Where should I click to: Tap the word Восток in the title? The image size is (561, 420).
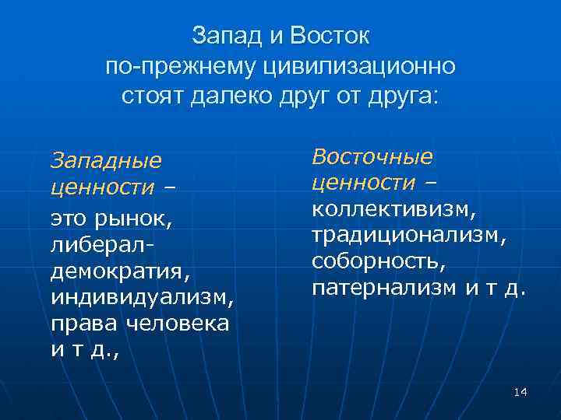coord(330,36)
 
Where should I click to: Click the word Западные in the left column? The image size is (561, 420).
coord(106,161)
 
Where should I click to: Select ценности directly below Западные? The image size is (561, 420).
coord(101,188)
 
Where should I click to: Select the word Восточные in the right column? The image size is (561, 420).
coord(372,156)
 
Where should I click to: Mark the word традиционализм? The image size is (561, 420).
coord(409,236)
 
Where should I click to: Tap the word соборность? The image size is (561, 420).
coord(379,262)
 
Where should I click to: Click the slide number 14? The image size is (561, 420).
coord(520,392)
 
